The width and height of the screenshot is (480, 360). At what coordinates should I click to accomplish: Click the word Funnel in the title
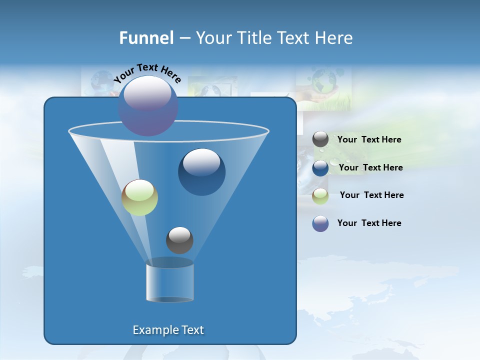tap(146, 38)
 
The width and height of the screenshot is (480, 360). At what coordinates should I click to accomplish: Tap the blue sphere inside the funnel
tap(201, 173)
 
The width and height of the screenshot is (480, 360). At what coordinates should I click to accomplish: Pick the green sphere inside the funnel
tap(139, 198)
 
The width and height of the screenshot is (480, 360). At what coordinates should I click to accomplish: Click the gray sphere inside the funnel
tap(179, 240)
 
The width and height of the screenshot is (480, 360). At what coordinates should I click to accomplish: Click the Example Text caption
tap(168, 330)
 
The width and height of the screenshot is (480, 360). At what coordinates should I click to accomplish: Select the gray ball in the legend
tap(320, 139)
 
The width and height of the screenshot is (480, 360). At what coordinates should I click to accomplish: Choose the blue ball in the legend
tap(320, 168)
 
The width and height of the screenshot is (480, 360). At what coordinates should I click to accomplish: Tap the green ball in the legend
tap(320, 196)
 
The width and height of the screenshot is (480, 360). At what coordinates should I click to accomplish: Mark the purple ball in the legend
tap(320, 223)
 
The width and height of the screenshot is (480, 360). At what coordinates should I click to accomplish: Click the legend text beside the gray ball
tap(369, 140)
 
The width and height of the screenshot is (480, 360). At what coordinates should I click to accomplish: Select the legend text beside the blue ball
tap(370, 168)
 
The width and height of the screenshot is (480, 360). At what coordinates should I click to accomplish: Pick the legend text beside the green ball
tap(371, 195)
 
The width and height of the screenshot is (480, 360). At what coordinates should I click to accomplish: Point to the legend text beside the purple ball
tap(369, 223)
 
